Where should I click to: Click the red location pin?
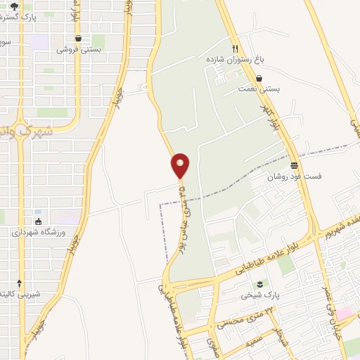181,165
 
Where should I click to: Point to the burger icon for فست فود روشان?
293,165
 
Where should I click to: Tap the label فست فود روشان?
294,176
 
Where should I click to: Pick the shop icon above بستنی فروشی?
78,39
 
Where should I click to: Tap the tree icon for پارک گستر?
13,6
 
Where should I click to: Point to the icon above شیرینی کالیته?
19,282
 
